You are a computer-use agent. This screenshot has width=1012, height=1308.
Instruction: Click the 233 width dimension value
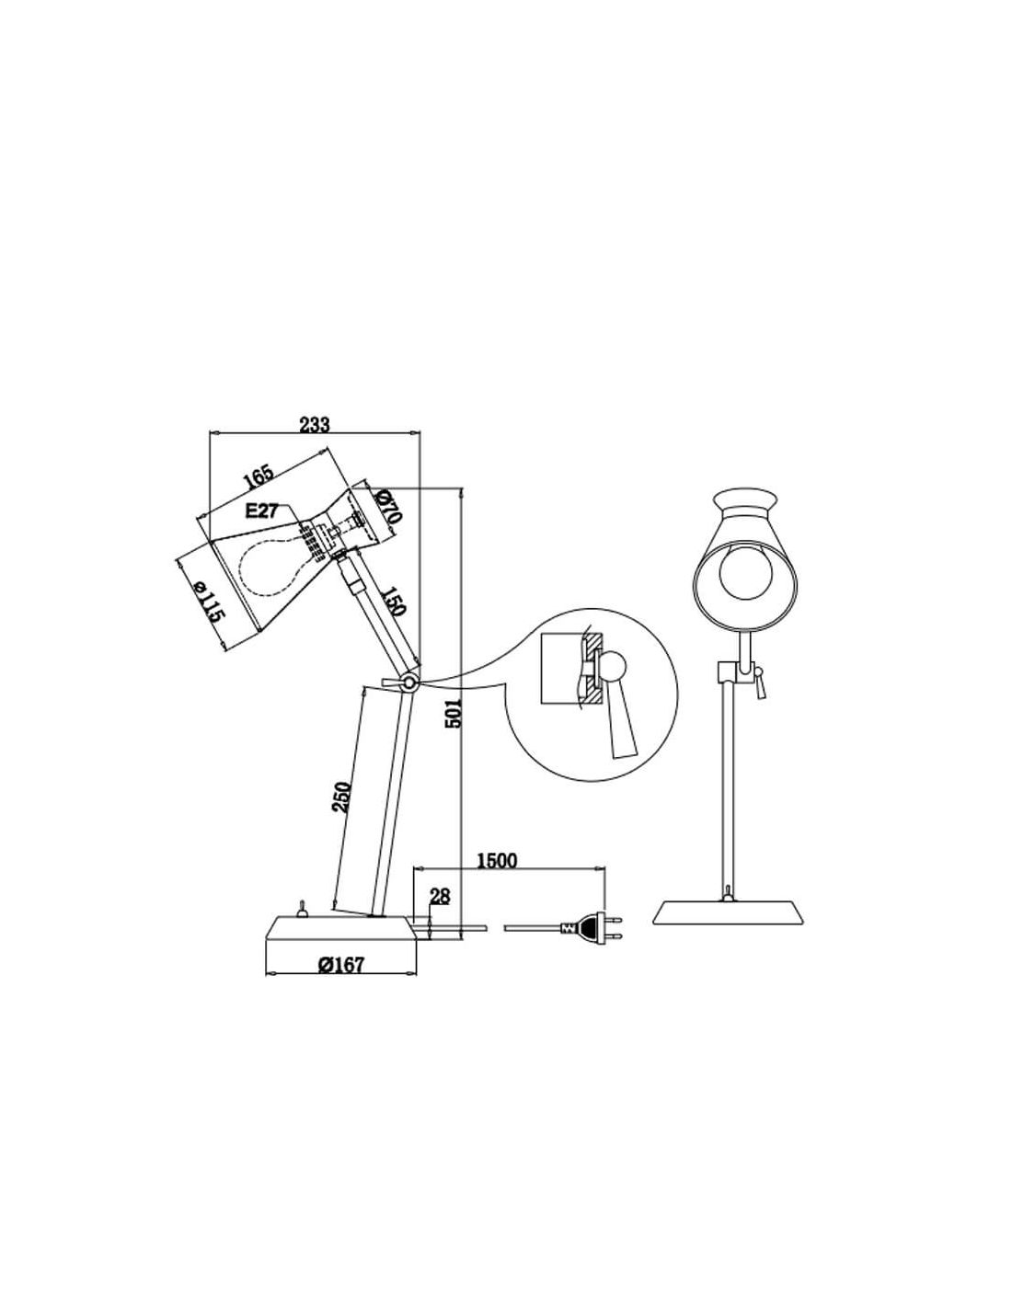pyautogui.click(x=315, y=424)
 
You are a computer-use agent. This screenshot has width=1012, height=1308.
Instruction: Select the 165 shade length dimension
pyautogui.click(x=259, y=476)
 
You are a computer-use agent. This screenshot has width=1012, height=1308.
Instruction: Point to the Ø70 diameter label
pyautogui.click(x=387, y=506)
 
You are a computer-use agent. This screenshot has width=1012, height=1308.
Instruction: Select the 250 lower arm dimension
pyautogui.click(x=342, y=797)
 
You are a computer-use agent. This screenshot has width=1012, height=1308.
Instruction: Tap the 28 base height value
pyautogui.click(x=440, y=897)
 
